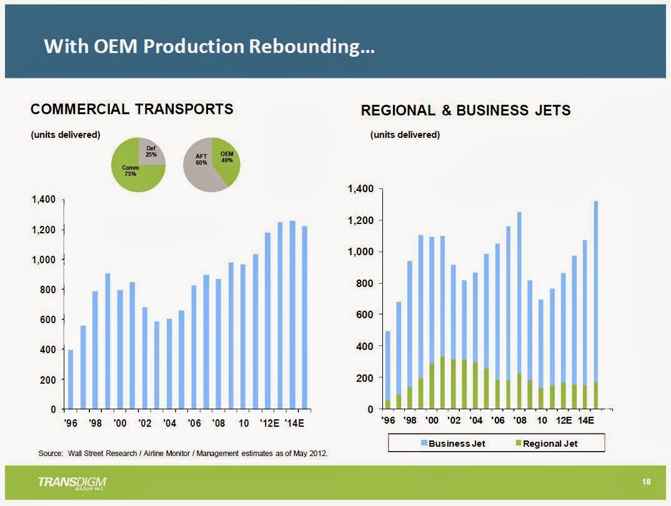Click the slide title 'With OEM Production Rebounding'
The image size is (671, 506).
209,47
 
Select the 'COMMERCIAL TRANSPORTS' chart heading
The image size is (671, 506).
132,109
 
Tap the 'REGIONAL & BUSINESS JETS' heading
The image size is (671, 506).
465,110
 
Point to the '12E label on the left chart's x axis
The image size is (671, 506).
269,424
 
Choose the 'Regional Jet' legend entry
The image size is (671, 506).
548,444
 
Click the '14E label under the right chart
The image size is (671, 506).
585,421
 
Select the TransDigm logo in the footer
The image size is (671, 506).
72,484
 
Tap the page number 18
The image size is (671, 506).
646,482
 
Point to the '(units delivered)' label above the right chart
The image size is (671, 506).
405,135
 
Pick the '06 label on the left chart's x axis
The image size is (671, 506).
194,424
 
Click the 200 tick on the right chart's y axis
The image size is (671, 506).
365,378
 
